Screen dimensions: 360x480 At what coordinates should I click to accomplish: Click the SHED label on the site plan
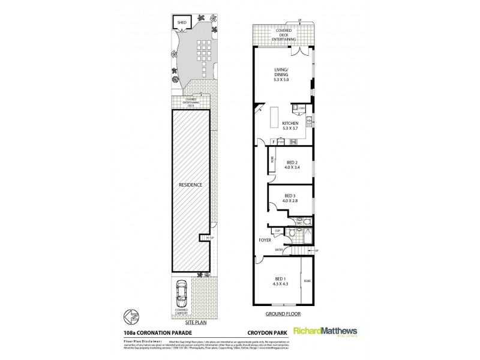(x=182, y=23)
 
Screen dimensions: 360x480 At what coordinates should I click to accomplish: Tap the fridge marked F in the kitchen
(x=274, y=142)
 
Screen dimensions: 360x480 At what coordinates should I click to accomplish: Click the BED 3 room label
(x=290, y=195)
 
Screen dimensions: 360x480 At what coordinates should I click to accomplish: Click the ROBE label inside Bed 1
(x=306, y=281)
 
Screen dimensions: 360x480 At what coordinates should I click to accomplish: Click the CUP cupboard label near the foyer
(x=278, y=231)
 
